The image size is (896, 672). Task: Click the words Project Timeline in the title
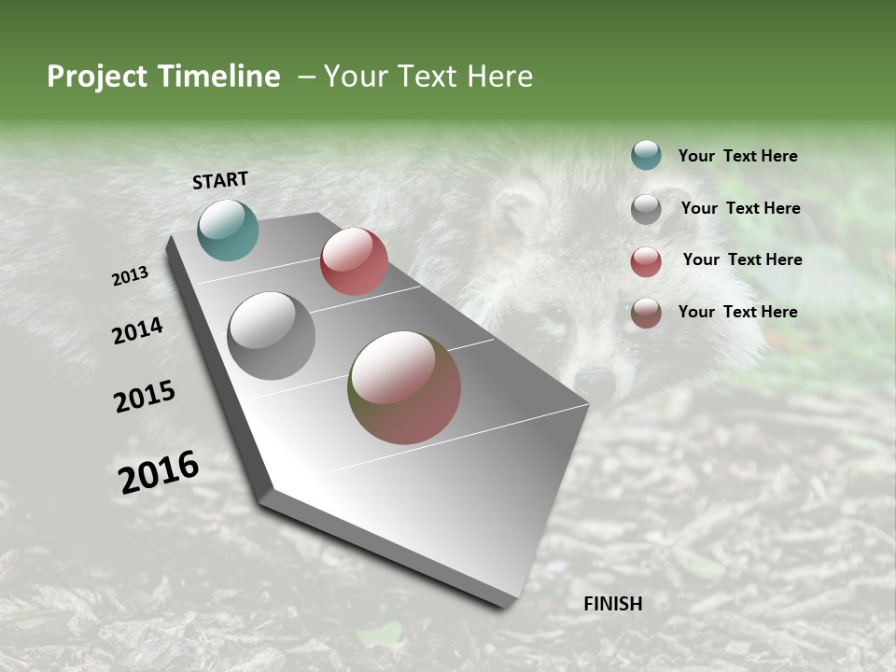[x=163, y=77]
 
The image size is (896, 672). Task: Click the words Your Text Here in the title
[x=428, y=77]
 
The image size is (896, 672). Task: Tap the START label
[x=220, y=180]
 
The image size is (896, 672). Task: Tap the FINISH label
[x=613, y=604]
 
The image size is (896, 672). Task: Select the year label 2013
[x=131, y=276]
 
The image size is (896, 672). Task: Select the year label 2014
[x=138, y=330]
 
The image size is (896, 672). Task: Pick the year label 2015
[x=145, y=397]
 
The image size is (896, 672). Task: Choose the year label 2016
[x=159, y=472]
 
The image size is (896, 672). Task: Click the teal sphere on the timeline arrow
[x=228, y=230]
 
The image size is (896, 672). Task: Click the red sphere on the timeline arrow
[x=354, y=261]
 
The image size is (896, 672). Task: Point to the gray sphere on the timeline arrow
[x=272, y=336]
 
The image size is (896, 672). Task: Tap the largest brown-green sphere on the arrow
[x=404, y=387]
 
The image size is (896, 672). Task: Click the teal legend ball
[x=646, y=155]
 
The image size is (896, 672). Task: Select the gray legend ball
[x=646, y=209]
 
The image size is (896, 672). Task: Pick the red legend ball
[x=646, y=261]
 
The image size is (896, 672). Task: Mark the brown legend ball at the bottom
[x=646, y=313]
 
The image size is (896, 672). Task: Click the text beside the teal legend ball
[x=737, y=157]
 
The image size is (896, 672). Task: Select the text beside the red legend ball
[x=742, y=259]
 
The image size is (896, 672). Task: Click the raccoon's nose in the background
[x=595, y=381]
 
